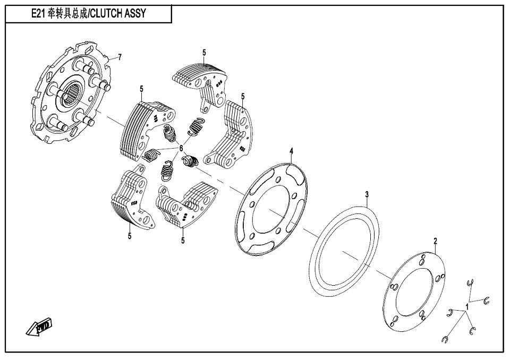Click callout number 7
[x=120, y=57]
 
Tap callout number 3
[x=367, y=194]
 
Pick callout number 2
[x=435, y=242]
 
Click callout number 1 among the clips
[x=467, y=306]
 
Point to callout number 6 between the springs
[x=181, y=148]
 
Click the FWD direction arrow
[x=40, y=327]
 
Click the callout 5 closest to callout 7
[x=142, y=88]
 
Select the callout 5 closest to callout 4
[x=243, y=96]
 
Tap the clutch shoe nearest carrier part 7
[x=143, y=130]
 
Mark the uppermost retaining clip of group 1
[x=470, y=284]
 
